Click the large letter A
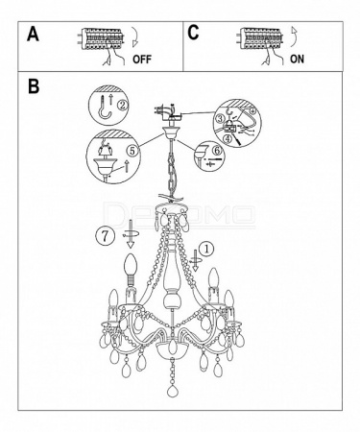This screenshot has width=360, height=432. [33, 34]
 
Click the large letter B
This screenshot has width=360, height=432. [34, 86]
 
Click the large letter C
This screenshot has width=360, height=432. [193, 33]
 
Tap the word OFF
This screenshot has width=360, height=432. [142, 60]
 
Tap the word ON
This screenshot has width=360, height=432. [297, 59]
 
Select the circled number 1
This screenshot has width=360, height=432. [206, 249]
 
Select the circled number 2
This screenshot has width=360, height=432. [122, 105]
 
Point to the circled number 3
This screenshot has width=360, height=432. [220, 118]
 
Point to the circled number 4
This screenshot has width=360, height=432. [227, 139]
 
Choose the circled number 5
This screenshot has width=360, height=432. [133, 151]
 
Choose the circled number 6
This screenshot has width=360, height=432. [217, 150]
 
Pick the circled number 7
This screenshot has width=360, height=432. [105, 236]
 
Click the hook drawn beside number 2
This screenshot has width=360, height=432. [104, 108]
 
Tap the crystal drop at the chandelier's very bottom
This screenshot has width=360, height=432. [173, 390]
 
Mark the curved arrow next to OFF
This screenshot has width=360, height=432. [134, 38]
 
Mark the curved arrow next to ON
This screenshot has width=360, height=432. [294, 36]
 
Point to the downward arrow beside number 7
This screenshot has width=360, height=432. [131, 234]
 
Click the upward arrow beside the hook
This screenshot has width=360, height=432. [111, 99]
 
